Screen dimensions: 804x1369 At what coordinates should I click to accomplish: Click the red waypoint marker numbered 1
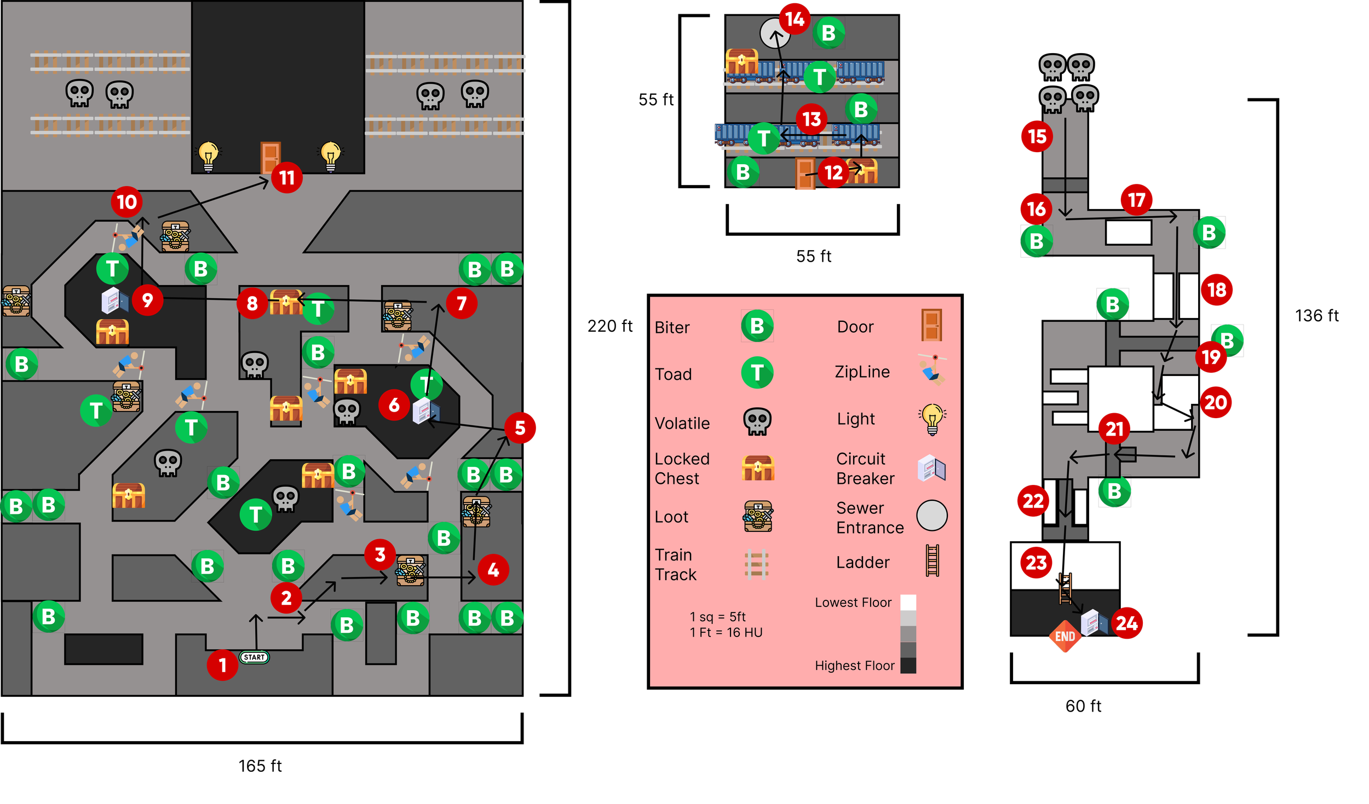(x=222, y=665)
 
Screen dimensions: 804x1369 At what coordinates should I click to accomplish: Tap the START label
(x=254, y=657)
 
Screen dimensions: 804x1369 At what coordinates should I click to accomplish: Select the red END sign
(x=1065, y=637)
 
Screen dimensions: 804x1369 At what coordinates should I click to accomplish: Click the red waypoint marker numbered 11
(x=287, y=177)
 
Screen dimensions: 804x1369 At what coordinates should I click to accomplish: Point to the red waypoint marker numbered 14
(x=795, y=19)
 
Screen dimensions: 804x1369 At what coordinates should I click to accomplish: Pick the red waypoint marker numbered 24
(x=1126, y=623)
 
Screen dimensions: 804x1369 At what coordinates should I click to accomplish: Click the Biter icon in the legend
(x=757, y=326)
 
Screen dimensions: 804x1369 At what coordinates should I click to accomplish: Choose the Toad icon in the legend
(x=757, y=373)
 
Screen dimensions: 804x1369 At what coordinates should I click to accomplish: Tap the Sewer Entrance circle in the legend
(x=931, y=516)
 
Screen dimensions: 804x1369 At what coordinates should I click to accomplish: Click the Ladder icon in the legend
(x=933, y=560)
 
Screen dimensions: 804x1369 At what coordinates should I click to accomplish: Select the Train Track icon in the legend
(x=757, y=564)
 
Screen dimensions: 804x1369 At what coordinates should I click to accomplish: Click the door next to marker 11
(x=271, y=157)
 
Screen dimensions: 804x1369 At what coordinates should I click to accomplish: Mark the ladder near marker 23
(x=1065, y=588)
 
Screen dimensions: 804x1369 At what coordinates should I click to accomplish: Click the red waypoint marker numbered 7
(x=461, y=303)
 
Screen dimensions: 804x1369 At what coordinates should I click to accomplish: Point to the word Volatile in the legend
(x=682, y=423)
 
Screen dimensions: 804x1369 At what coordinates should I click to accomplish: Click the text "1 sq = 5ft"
(x=717, y=617)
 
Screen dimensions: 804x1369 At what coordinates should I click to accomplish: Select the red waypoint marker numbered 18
(x=1217, y=290)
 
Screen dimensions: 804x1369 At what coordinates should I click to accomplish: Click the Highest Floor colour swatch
(x=908, y=666)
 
